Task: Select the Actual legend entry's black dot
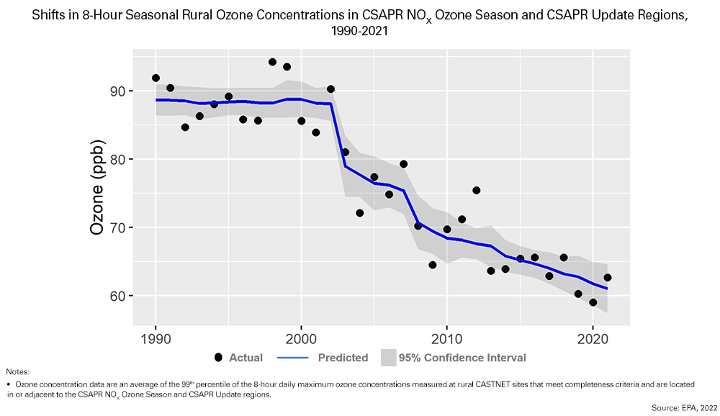(218, 358)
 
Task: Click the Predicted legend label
(343, 358)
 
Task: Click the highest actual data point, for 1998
(272, 62)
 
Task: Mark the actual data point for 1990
(156, 78)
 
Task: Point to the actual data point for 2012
(476, 191)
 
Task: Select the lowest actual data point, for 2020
(593, 302)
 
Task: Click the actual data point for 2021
(607, 278)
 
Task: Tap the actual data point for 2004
(359, 213)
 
